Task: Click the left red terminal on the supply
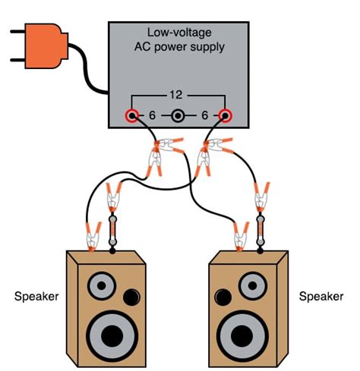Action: pyautogui.click(x=131, y=116)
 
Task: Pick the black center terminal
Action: pyautogui.click(x=178, y=116)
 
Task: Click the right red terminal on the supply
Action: pyautogui.click(x=226, y=116)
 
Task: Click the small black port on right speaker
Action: pyautogui.click(x=222, y=295)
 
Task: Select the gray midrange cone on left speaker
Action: pyautogui.click(x=101, y=287)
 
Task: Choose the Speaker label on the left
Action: pyautogui.click(x=36, y=295)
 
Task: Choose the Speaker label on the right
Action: pyautogui.click(x=321, y=295)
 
